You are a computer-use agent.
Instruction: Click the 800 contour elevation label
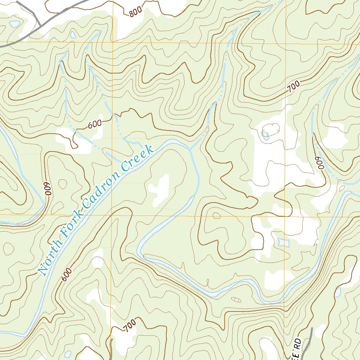tap(136, 12)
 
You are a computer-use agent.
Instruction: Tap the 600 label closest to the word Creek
tap(95, 124)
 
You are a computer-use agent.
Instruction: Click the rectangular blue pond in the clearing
tap(283, 242)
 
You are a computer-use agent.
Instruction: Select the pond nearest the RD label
tap(338, 292)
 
